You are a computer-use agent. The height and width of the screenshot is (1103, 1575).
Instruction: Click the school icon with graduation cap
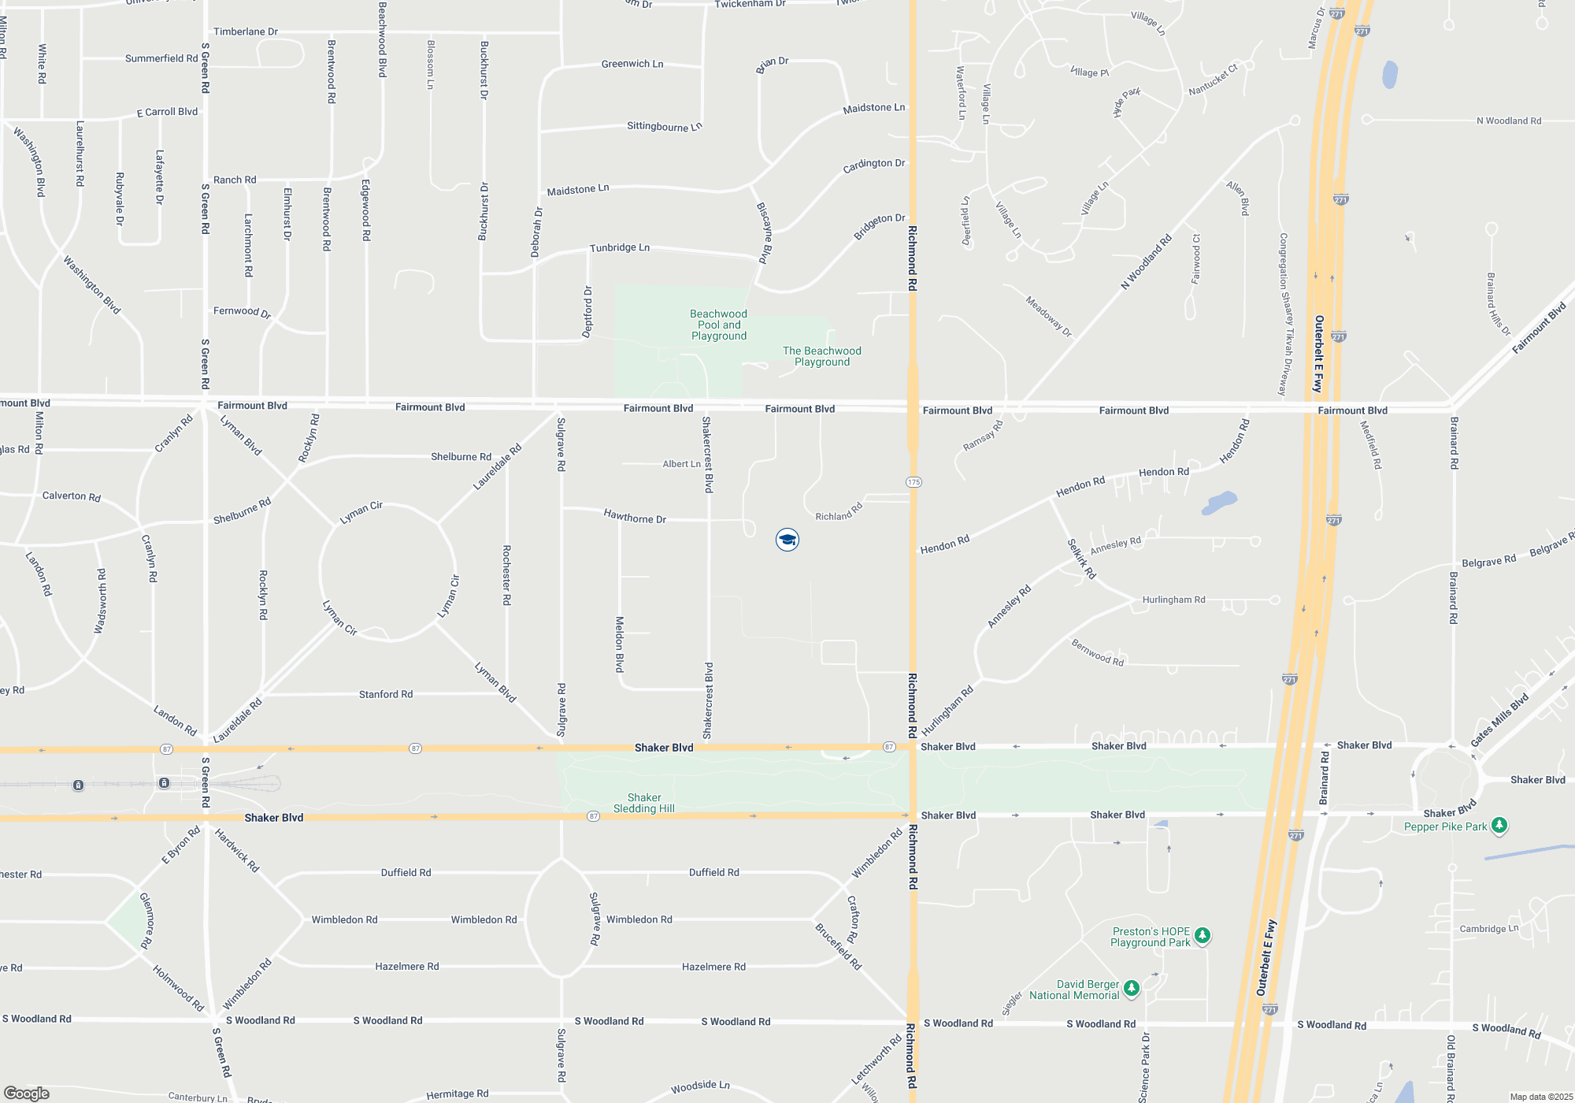pyautogui.click(x=787, y=540)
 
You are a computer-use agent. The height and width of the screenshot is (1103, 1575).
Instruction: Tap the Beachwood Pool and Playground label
pyautogui.click(x=718, y=325)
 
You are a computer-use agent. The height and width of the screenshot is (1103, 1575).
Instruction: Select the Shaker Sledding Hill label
pyautogui.click(x=644, y=803)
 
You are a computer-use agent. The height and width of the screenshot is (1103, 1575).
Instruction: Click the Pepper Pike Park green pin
pyautogui.click(x=1499, y=825)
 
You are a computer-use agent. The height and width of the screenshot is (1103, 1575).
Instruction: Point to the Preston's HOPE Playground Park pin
pyautogui.click(x=1202, y=935)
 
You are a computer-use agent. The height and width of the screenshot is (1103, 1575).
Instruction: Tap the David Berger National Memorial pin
pyautogui.click(x=1131, y=987)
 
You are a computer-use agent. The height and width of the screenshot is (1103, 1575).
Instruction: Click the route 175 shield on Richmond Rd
pyautogui.click(x=913, y=482)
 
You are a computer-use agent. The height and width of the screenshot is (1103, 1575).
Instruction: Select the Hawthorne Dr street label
pyautogui.click(x=635, y=517)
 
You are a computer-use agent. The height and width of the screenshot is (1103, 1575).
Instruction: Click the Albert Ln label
pyautogui.click(x=681, y=464)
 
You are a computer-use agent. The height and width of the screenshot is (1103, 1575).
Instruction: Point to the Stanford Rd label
pyautogui.click(x=386, y=694)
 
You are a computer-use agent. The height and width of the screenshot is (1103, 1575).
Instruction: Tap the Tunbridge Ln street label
pyautogui.click(x=620, y=247)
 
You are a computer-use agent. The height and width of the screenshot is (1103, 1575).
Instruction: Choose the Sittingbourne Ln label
pyautogui.click(x=664, y=126)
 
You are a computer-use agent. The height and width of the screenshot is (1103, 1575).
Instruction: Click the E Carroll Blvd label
pyautogui.click(x=167, y=112)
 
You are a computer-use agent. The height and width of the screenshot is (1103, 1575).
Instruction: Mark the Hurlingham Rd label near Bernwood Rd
pyautogui.click(x=1173, y=600)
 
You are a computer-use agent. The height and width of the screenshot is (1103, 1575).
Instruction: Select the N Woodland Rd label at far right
pyautogui.click(x=1509, y=121)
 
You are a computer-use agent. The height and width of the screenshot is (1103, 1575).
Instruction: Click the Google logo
pyautogui.click(x=26, y=1094)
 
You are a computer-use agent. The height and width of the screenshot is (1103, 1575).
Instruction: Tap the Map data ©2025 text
pyautogui.click(x=1540, y=1097)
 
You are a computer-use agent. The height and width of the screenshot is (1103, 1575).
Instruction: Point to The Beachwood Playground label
pyautogui.click(x=821, y=356)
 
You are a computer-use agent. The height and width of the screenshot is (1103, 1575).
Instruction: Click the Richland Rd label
pyautogui.click(x=839, y=512)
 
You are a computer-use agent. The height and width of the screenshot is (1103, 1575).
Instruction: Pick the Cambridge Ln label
pyautogui.click(x=1488, y=929)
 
